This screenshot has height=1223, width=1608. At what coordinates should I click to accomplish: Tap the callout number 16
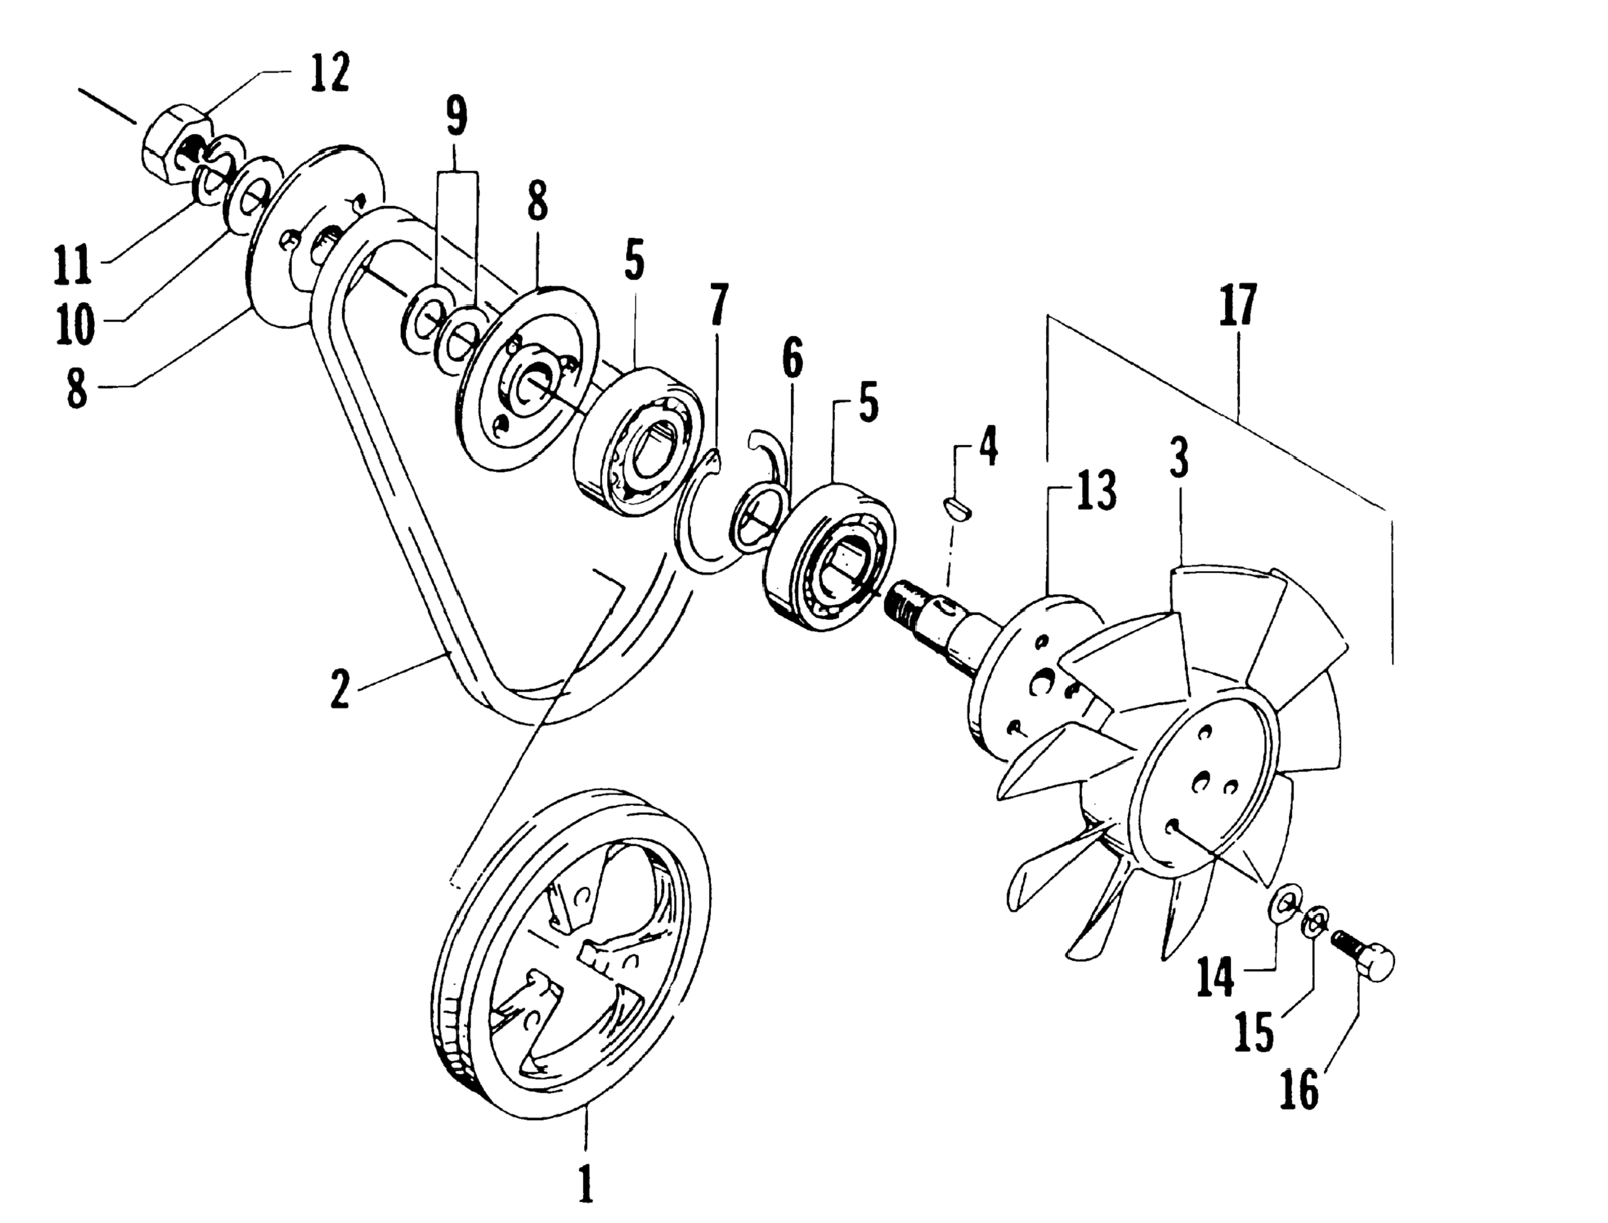(x=1299, y=1092)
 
